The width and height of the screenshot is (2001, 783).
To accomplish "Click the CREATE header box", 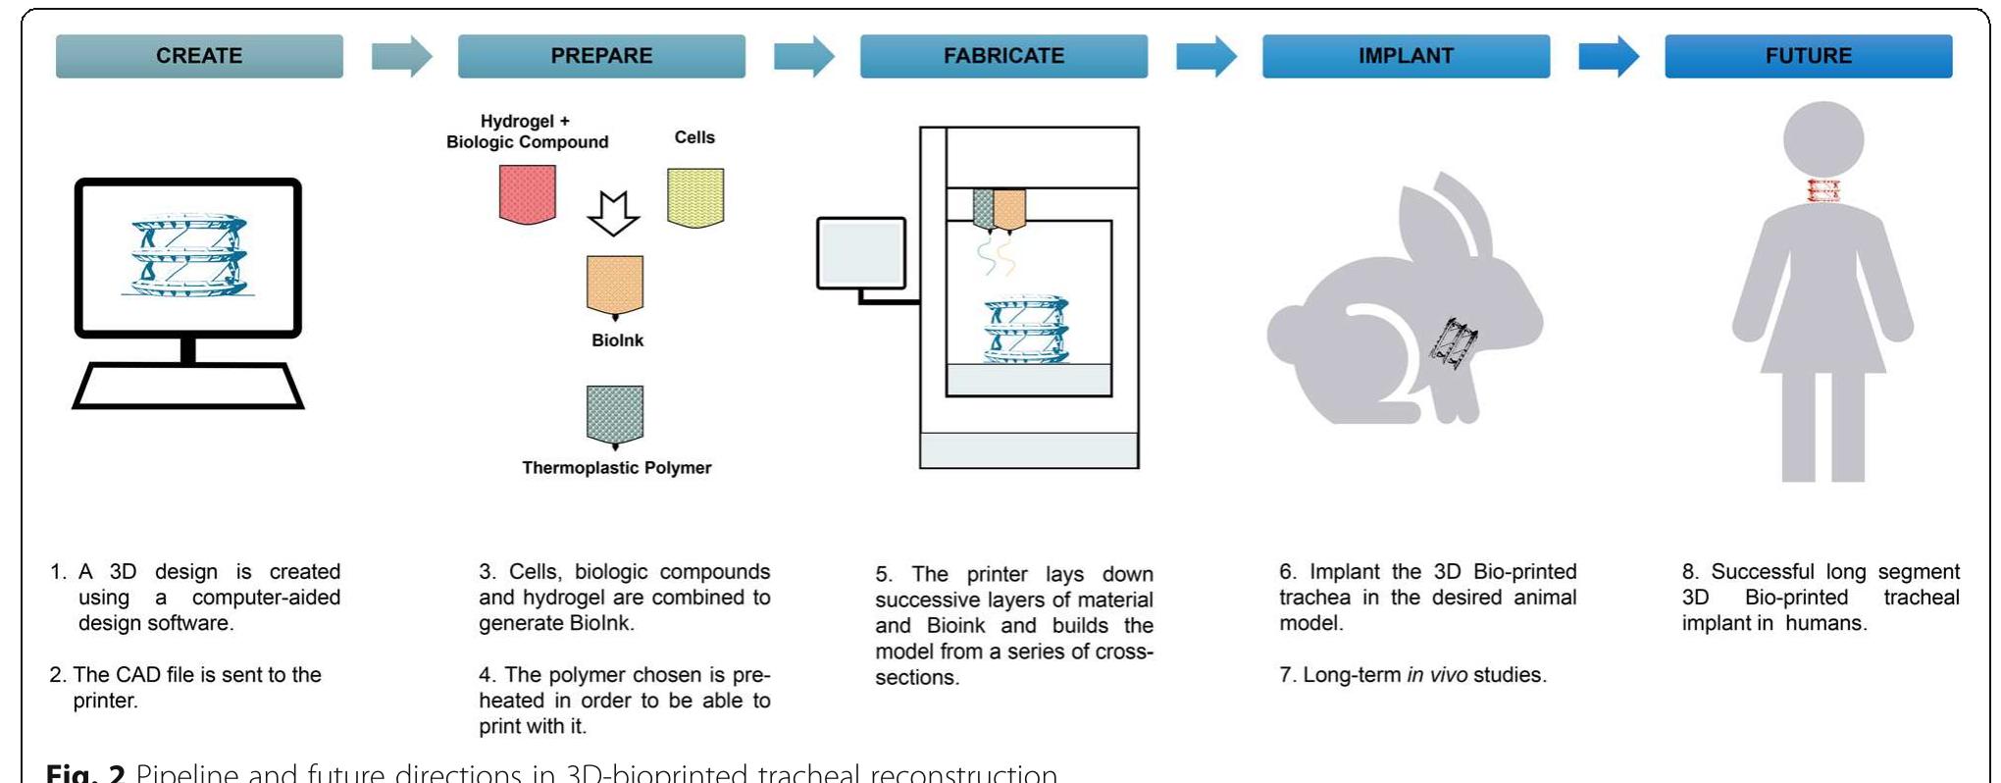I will pos(199,56).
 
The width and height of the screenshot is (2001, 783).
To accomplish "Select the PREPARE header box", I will pos(601,56).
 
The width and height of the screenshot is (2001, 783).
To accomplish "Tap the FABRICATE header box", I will pos(1003,56).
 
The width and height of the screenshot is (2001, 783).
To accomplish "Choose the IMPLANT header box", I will pos(1406,56).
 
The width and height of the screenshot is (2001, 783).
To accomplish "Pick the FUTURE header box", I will pos(1808,56).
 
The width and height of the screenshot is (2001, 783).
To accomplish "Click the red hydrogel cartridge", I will pos(528,194).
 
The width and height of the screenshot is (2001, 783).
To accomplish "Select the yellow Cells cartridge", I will pos(695,197).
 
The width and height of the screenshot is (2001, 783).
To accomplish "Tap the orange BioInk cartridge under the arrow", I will pos(615,285).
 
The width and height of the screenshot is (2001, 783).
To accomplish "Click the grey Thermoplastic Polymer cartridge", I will pos(615,414).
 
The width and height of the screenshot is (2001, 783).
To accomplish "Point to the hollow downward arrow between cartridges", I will pos(613,213).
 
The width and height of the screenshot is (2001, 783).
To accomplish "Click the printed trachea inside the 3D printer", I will pos(1026,331).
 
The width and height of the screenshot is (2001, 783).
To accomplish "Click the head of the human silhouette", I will pos(1822,139).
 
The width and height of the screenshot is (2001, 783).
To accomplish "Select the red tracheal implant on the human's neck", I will pos(1822,190).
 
